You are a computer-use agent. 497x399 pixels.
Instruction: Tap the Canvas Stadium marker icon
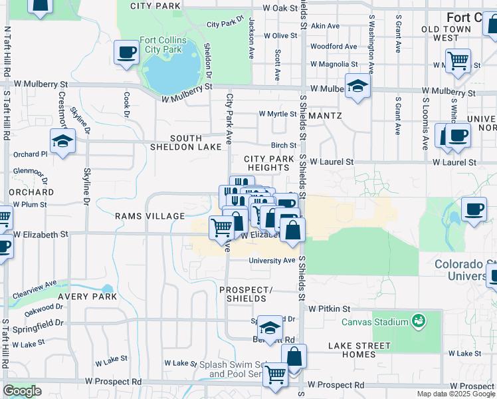[418, 322]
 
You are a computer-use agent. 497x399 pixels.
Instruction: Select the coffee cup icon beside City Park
[126, 52]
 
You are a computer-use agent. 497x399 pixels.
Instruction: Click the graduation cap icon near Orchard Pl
[62, 141]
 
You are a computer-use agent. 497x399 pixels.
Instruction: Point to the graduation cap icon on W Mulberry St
[357, 86]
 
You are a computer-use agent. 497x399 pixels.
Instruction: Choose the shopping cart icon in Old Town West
[458, 61]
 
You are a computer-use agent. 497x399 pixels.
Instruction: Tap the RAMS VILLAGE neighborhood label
[149, 216]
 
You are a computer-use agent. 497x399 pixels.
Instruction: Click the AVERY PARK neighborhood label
[87, 297]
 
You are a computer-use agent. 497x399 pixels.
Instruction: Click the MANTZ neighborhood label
[326, 116]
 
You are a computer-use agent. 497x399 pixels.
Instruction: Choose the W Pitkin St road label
[329, 309]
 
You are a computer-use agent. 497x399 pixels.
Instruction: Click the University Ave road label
[272, 261]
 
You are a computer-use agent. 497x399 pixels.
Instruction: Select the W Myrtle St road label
[278, 114]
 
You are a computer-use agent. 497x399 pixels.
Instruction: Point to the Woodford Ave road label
[333, 47]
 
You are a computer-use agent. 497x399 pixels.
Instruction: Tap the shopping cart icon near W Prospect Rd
[274, 374]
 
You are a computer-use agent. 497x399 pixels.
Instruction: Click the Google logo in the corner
[22, 392]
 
